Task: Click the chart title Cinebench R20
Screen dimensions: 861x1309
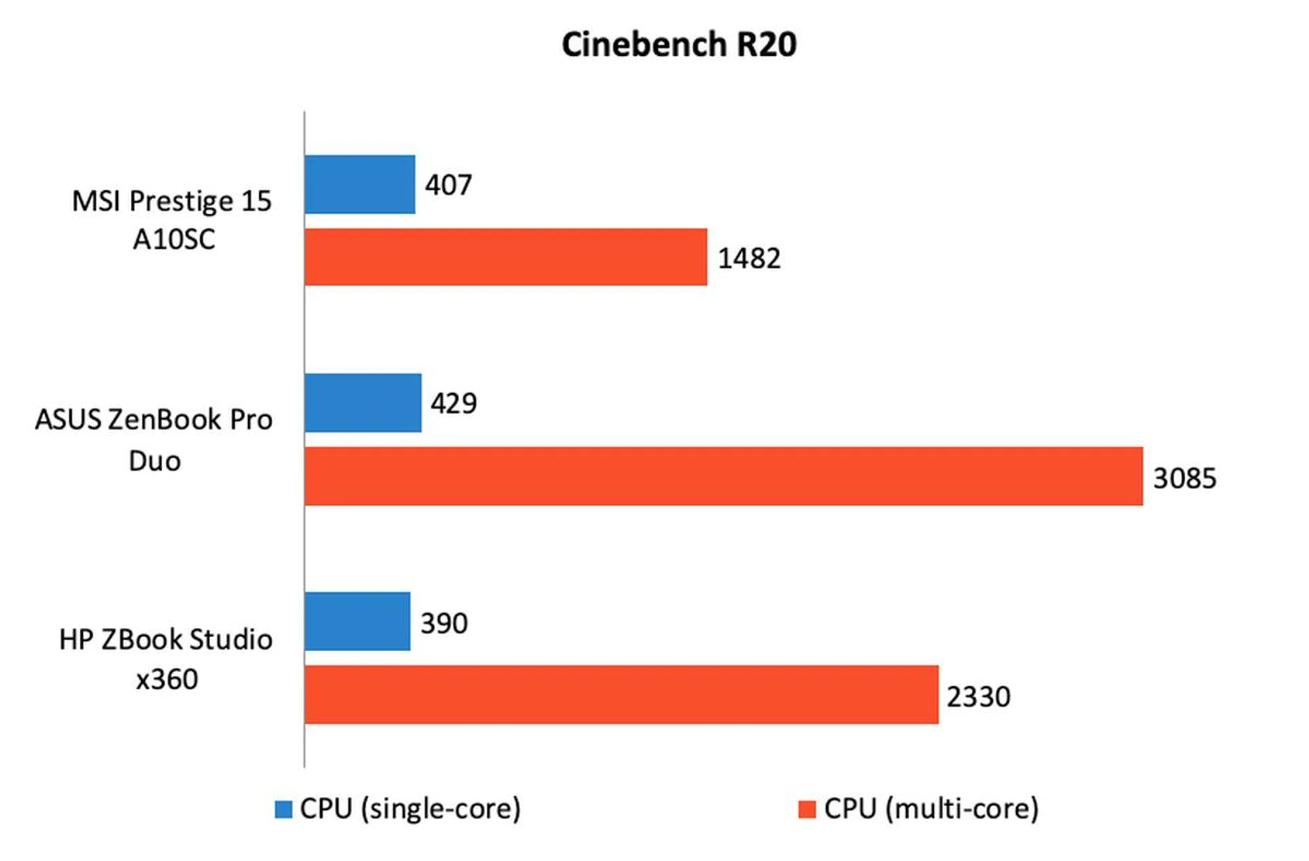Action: [679, 45]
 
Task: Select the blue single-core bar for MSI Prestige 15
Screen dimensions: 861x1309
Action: [359, 185]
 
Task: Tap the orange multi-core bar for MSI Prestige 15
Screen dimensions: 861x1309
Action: [505, 257]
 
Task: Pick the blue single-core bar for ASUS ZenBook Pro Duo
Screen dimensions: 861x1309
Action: [363, 403]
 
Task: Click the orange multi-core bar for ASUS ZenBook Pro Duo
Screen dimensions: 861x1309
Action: [723, 476]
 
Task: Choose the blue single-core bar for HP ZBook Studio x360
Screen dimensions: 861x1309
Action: [357, 621]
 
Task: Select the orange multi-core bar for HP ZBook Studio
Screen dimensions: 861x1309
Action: [621, 695]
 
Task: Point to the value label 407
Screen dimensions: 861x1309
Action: [449, 185]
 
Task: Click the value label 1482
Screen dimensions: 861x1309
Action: [749, 259]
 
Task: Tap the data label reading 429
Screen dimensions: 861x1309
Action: [453, 403]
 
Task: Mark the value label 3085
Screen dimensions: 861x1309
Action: [1184, 478]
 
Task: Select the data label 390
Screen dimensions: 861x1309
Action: [444, 623]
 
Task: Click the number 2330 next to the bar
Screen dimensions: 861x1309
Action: [978, 697]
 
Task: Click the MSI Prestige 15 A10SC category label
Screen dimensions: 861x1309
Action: [172, 219]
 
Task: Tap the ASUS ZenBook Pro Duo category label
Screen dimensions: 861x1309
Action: [154, 439]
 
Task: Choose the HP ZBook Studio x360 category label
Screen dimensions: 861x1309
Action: [166, 659]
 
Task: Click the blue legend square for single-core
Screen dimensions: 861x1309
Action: [283, 809]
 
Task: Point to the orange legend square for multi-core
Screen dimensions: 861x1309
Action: [807, 809]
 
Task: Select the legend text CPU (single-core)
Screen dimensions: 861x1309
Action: [410, 809]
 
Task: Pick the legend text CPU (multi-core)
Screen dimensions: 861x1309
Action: [931, 809]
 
